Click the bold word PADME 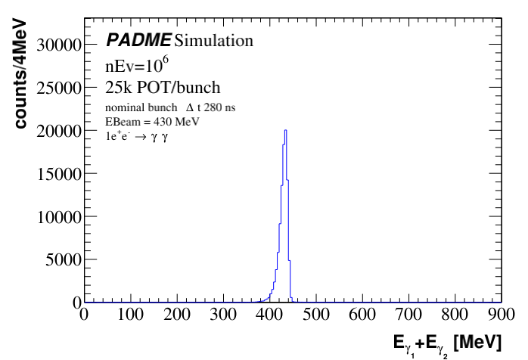click(138, 39)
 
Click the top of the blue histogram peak click(284, 130)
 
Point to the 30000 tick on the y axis click(61, 45)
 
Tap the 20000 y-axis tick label click(61, 131)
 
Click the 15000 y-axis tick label click(61, 174)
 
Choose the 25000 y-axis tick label click(61, 88)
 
